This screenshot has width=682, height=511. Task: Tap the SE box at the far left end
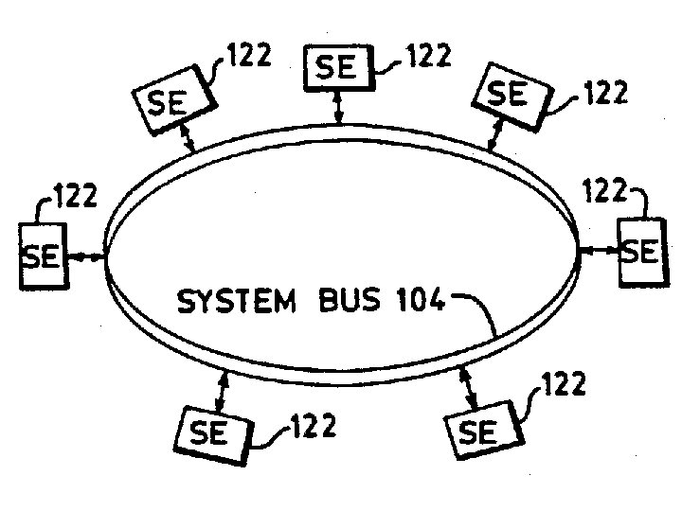pos(42,255)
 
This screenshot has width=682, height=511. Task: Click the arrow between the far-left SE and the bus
pos(84,255)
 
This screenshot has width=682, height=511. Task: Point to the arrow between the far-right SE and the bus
pos(599,251)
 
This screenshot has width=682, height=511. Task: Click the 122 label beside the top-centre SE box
pos(427,57)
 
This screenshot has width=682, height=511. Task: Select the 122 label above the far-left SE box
pos(74,197)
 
